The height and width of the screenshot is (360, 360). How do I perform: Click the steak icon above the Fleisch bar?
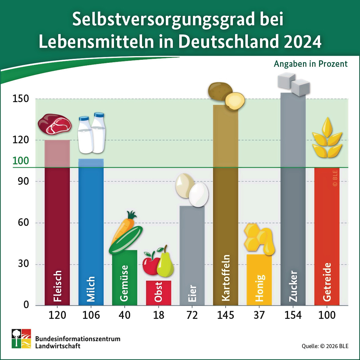click(x=55, y=124)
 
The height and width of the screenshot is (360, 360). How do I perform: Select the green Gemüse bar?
click(x=125, y=277)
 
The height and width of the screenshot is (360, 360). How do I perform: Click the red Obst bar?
click(x=159, y=293)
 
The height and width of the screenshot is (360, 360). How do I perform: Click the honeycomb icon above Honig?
click(x=259, y=240)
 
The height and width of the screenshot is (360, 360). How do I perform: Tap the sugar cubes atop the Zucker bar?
click(x=294, y=84)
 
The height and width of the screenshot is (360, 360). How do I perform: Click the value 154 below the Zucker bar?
click(x=293, y=315)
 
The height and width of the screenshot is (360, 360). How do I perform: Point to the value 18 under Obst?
click(x=159, y=315)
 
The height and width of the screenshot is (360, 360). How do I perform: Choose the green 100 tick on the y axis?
click(x=21, y=161)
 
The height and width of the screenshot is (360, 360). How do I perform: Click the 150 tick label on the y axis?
click(x=21, y=99)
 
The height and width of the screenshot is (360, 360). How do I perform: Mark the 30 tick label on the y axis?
click(x=23, y=264)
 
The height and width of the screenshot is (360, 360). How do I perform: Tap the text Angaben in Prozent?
click(x=311, y=64)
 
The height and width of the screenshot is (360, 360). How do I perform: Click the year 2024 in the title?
click(x=302, y=42)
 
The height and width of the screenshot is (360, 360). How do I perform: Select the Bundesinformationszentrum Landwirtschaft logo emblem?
click(x=21, y=338)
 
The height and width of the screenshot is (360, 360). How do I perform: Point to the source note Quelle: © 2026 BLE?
click(x=325, y=346)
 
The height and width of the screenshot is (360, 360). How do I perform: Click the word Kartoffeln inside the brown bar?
click(x=226, y=278)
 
